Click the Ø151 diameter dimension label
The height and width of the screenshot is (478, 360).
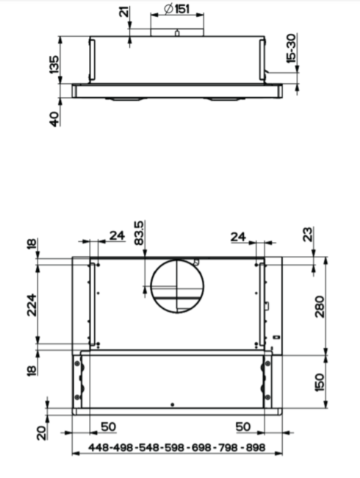pyautogui.click(x=176, y=9)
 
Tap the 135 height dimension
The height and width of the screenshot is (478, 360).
pyautogui.click(x=54, y=64)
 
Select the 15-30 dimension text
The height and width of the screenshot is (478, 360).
pyautogui.click(x=291, y=49)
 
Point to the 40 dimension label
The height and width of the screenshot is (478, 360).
pyautogui.click(x=54, y=119)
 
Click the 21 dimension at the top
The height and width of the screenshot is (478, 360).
pyautogui.click(x=124, y=12)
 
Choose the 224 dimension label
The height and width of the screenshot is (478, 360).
pyautogui.click(x=32, y=305)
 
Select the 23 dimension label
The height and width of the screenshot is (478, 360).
pyautogui.click(x=309, y=234)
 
